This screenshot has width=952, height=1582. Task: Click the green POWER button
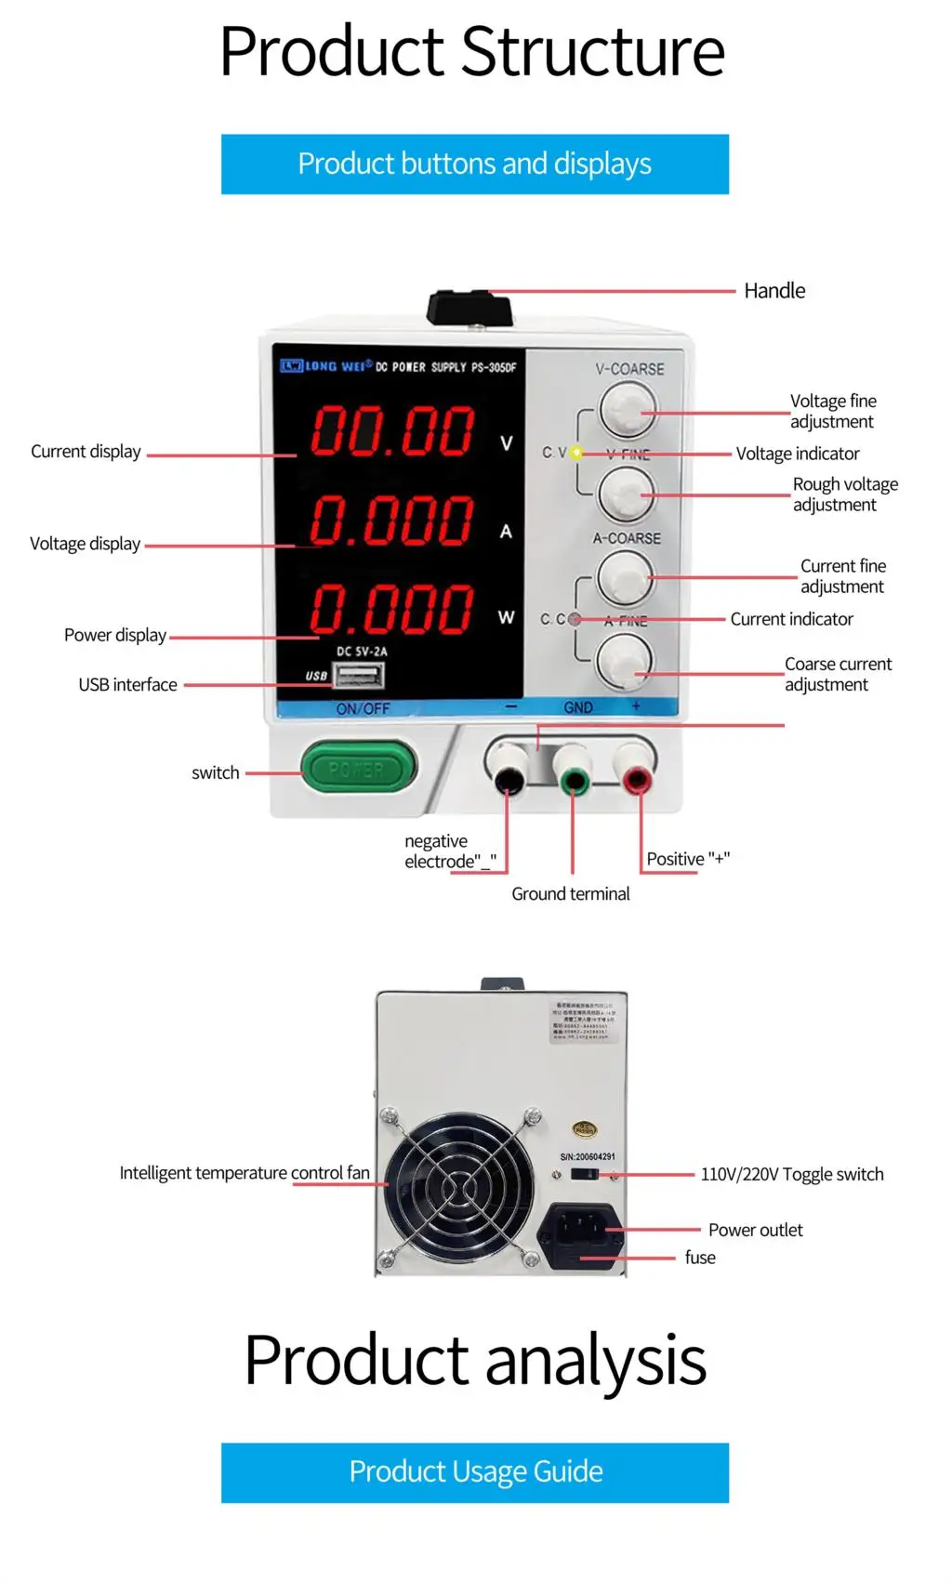pyautogui.click(x=358, y=768)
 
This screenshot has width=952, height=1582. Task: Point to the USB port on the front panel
pyautogui.click(x=359, y=674)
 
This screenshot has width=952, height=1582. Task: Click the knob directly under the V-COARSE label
pyautogui.click(x=627, y=410)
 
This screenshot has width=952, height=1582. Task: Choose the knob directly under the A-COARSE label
pyautogui.click(x=625, y=576)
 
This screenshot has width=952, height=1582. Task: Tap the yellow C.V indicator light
pyautogui.click(x=576, y=454)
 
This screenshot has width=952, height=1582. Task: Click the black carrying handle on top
pyautogui.click(x=470, y=308)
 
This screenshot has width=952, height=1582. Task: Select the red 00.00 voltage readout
pyautogui.click(x=392, y=431)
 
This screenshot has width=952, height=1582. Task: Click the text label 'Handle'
pyautogui.click(x=774, y=291)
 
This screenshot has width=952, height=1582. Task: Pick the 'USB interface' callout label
pyautogui.click(x=127, y=685)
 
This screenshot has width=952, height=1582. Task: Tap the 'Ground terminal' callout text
pyautogui.click(x=570, y=894)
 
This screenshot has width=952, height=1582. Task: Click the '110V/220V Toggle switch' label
pyautogui.click(x=791, y=1175)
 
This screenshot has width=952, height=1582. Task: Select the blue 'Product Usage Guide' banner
pyautogui.click(x=475, y=1472)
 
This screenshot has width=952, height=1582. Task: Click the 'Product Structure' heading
pyautogui.click(x=472, y=52)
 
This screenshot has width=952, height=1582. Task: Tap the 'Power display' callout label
pyautogui.click(x=115, y=636)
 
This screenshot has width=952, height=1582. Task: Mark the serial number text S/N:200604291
pyautogui.click(x=588, y=1157)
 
